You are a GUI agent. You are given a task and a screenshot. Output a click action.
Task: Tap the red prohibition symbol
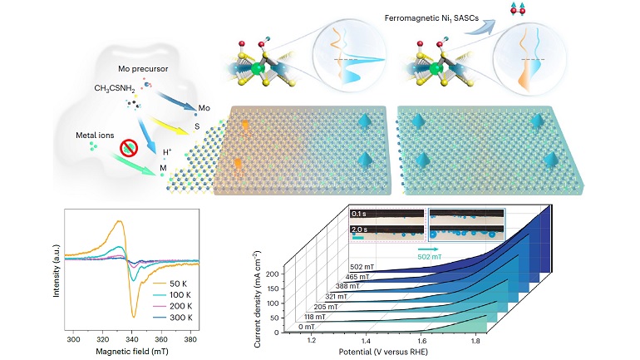pos(129,150)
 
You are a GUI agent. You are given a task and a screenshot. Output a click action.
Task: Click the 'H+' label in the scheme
pos(167,152)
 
